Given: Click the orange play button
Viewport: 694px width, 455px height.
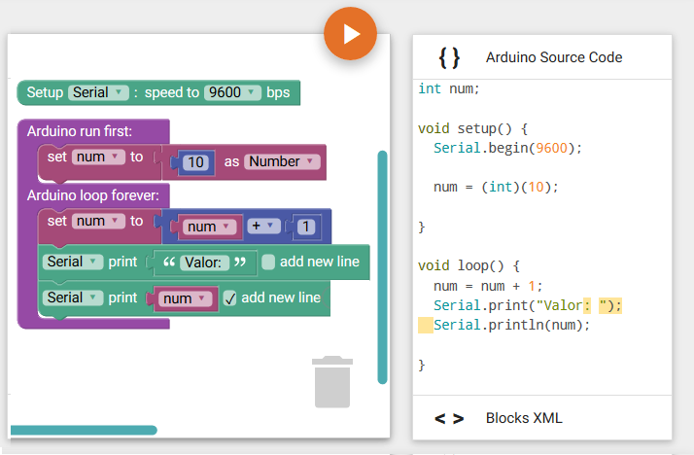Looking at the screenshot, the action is pos(350,34).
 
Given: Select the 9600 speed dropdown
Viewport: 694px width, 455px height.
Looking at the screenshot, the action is pos(232,92).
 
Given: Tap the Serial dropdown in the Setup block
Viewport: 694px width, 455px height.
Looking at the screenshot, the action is pos(98,92).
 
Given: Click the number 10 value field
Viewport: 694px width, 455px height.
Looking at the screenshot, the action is pos(195,162).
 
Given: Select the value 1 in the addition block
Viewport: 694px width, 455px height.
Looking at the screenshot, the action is pos(305,227).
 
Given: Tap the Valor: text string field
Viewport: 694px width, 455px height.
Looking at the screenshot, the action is pos(203,262).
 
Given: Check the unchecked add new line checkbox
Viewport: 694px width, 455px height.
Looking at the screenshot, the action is pos(268,262).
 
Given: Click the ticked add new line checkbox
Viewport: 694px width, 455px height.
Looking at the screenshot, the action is pos(229,298).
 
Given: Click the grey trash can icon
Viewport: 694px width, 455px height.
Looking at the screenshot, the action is pos(332,381).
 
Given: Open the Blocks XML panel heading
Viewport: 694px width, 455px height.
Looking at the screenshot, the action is pos(524,418).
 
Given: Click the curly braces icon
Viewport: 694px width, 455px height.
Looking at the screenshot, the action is pos(449,57).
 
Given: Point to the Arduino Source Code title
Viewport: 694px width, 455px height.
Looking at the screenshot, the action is pos(554,57).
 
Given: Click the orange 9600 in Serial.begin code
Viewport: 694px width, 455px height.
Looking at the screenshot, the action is pos(551,148).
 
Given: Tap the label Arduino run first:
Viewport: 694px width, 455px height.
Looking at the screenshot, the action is pos(80,131).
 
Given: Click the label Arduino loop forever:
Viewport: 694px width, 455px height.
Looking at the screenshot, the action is pos(93,195).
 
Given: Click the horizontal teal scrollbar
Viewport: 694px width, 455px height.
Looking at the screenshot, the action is pos(84,431).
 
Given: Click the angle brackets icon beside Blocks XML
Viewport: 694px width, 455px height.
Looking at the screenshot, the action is pos(449,418).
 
